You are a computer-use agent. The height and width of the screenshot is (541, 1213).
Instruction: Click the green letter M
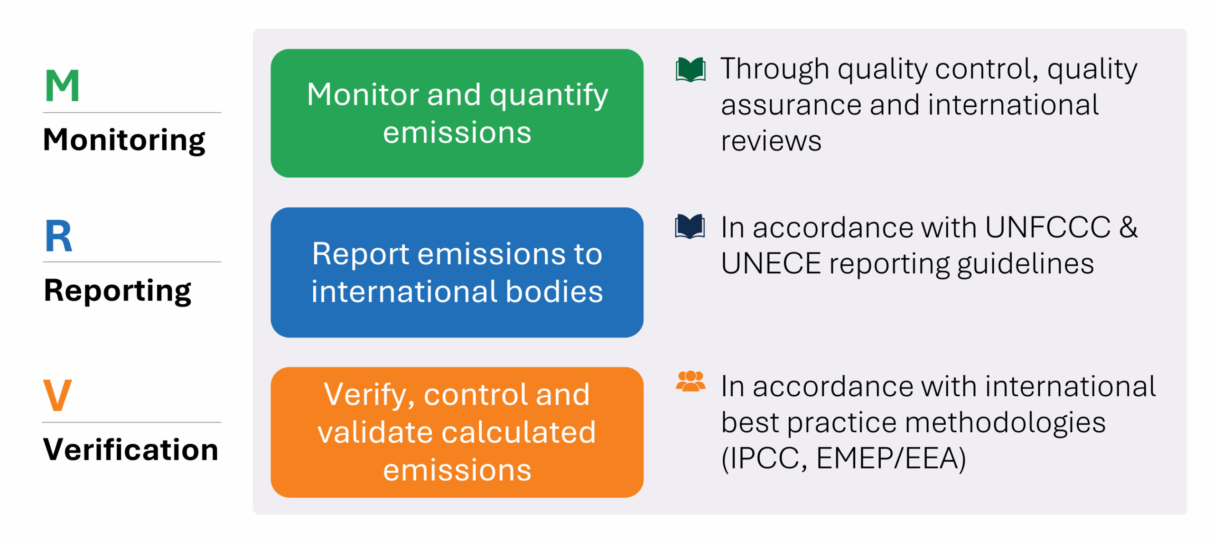click(x=62, y=85)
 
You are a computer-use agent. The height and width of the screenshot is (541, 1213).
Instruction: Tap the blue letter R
click(x=58, y=236)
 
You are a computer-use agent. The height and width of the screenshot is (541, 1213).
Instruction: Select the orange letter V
click(x=57, y=395)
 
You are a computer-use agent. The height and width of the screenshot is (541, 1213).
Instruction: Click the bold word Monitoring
click(x=124, y=140)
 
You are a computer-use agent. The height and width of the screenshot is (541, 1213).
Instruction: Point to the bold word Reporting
click(x=117, y=291)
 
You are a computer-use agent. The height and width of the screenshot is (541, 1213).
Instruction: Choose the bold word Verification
click(x=131, y=449)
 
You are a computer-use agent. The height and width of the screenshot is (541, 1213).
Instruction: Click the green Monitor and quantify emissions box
click(x=457, y=113)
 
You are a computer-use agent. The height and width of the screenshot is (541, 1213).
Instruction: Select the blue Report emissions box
click(x=457, y=272)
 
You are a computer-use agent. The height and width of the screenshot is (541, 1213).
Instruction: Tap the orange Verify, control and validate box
click(x=457, y=432)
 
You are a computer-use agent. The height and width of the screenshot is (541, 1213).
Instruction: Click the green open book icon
click(x=690, y=70)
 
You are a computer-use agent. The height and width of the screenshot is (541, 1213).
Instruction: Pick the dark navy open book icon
click(x=690, y=227)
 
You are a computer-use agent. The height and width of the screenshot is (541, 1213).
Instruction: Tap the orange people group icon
click(x=690, y=381)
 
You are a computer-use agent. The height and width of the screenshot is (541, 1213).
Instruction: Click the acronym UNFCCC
click(x=1047, y=227)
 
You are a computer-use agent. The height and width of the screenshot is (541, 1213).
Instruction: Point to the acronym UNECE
click(x=771, y=263)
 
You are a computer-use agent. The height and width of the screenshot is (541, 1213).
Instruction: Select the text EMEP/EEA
click(x=891, y=458)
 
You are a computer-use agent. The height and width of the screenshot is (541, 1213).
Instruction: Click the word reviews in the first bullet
click(x=771, y=141)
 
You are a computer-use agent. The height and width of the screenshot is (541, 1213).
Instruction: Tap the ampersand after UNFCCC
click(x=1128, y=227)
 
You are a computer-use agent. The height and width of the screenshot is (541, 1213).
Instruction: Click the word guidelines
click(x=1026, y=264)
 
